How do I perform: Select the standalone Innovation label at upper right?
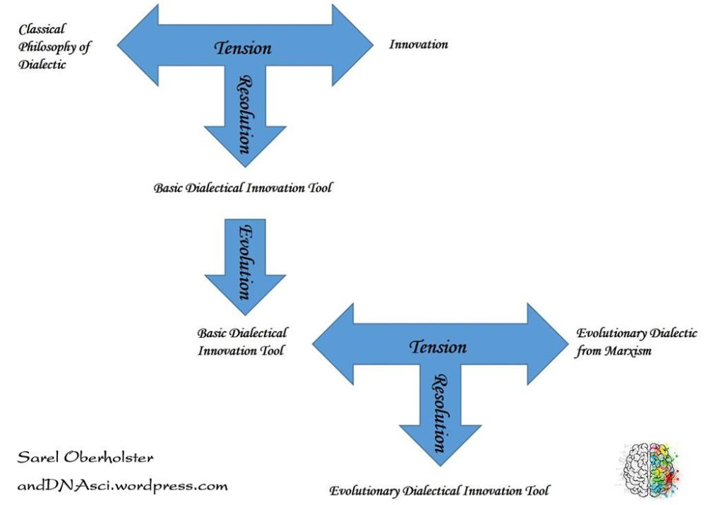(419, 44)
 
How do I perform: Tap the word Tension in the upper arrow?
(243, 48)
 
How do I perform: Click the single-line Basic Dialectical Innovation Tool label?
(243, 189)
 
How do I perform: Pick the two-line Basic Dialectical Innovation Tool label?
(242, 341)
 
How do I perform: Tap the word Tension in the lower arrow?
(438, 346)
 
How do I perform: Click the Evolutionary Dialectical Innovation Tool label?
(439, 490)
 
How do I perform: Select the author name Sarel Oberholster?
(85, 458)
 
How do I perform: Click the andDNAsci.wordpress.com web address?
(122, 486)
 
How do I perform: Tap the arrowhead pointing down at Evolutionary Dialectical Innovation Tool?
(440, 454)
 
